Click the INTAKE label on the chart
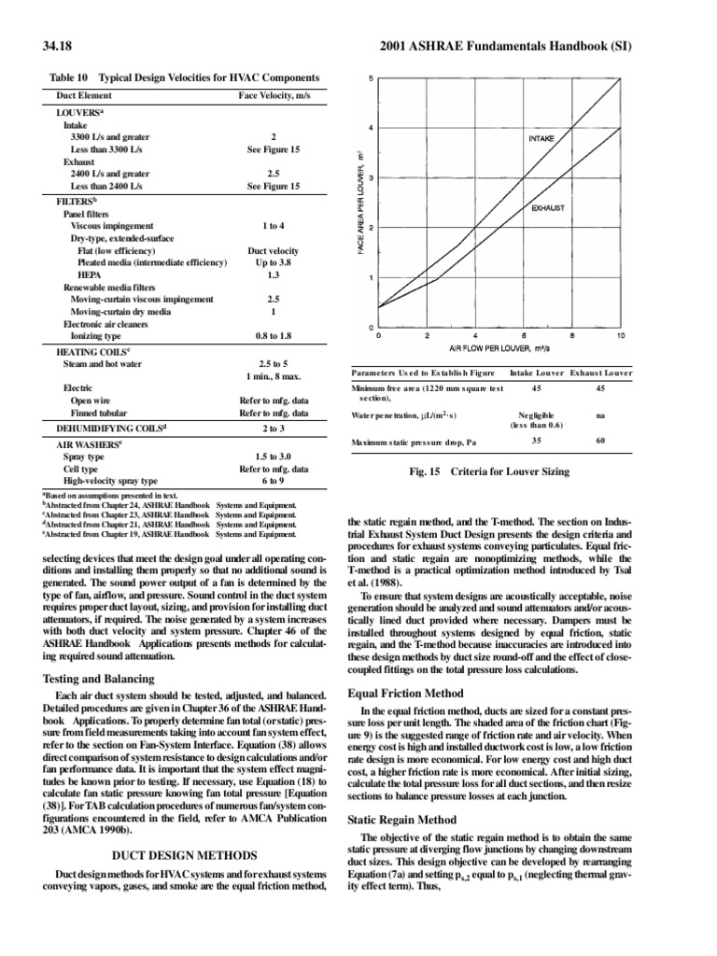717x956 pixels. coord(541,138)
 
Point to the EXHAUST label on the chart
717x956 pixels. coord(547,208)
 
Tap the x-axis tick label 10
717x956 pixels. coord(621,335)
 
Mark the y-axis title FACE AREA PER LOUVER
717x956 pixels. coord(359,204)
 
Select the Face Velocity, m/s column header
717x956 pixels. coord(273,96)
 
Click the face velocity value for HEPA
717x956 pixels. coord(273,275)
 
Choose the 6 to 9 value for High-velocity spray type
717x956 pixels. coord(273,480)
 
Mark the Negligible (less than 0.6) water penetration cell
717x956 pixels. coord(536,418)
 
